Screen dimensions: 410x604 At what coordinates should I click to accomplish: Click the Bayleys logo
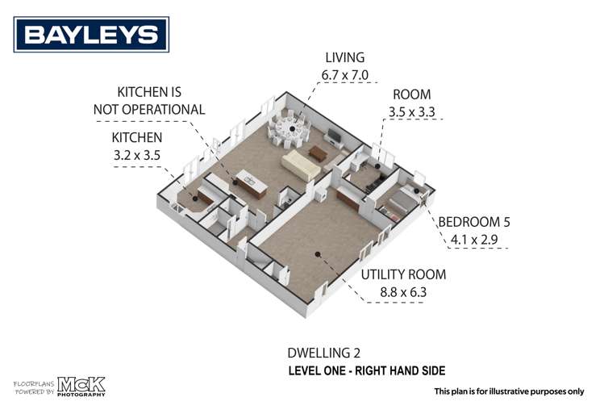tap(91, 35)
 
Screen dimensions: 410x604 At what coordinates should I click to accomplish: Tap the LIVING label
tap(344, 58)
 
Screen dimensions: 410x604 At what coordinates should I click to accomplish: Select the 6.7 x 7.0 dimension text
tap(344, 75)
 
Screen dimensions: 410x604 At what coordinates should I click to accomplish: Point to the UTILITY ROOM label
tap(402, 274)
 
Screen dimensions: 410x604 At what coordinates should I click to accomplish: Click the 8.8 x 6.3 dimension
tap(402, 291)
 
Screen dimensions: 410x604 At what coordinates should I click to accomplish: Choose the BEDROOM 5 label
tap(474, 222)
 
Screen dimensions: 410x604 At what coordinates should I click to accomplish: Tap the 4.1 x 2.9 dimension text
tap(474, 239)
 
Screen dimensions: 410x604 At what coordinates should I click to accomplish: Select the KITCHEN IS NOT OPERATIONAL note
tap(161, 100)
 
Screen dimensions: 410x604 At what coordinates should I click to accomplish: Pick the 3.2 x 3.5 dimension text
tap(137, 156)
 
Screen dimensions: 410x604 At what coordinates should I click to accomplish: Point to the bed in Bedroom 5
tap(395, 203)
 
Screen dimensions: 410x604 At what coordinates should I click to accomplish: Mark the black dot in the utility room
tap(317, 254)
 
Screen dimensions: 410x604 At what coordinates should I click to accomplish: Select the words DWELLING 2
tap(323, 353)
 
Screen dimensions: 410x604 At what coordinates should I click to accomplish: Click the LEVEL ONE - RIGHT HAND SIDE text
tap(366, 370)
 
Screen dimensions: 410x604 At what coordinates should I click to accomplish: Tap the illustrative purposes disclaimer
tap(509, 391)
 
